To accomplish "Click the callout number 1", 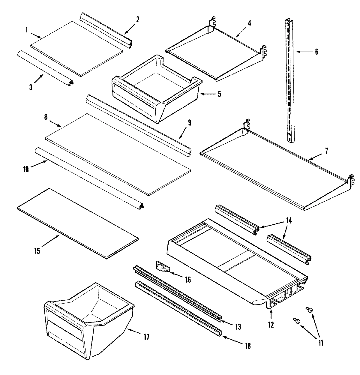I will [x=26, y=29].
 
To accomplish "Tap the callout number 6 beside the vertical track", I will [x=316, y=52].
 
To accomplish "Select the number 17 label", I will [x=146, y=337].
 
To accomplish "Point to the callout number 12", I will [x=271, y=325].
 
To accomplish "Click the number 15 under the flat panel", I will [x=37, y=251].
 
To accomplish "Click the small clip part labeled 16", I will [x=163, y=267].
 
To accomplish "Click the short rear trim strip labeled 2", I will [x=105, y=30].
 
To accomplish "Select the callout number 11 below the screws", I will [x=320, y=343].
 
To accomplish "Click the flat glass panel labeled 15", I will [x=78, y=223].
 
